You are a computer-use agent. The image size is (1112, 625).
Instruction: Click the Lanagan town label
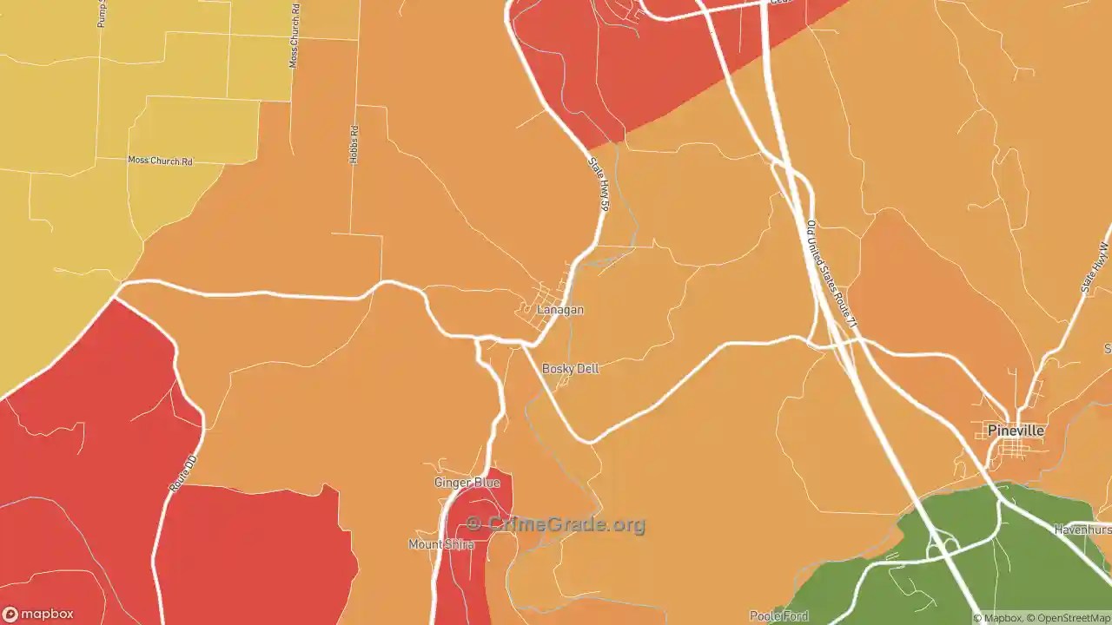pos(559,310)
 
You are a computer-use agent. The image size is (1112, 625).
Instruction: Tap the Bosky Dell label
pos(570,369)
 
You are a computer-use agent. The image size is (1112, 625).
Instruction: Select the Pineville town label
pos(1016,431)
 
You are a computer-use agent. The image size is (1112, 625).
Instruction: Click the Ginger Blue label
pos(467,483)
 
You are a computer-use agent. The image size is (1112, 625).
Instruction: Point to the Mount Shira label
pos(441,544)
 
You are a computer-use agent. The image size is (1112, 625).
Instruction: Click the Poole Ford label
pos(779,616)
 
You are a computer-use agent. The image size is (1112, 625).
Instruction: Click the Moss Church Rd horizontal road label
pos(160,161)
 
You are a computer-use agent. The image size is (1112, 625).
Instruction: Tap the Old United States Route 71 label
pos(831,273)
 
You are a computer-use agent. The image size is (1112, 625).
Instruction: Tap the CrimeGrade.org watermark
pos(556,524)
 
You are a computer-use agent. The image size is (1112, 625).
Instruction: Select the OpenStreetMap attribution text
pos(1071,618)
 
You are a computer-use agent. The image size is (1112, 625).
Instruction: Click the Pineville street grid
pos(1014,448)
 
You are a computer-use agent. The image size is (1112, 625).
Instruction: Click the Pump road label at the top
pos(102,14)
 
